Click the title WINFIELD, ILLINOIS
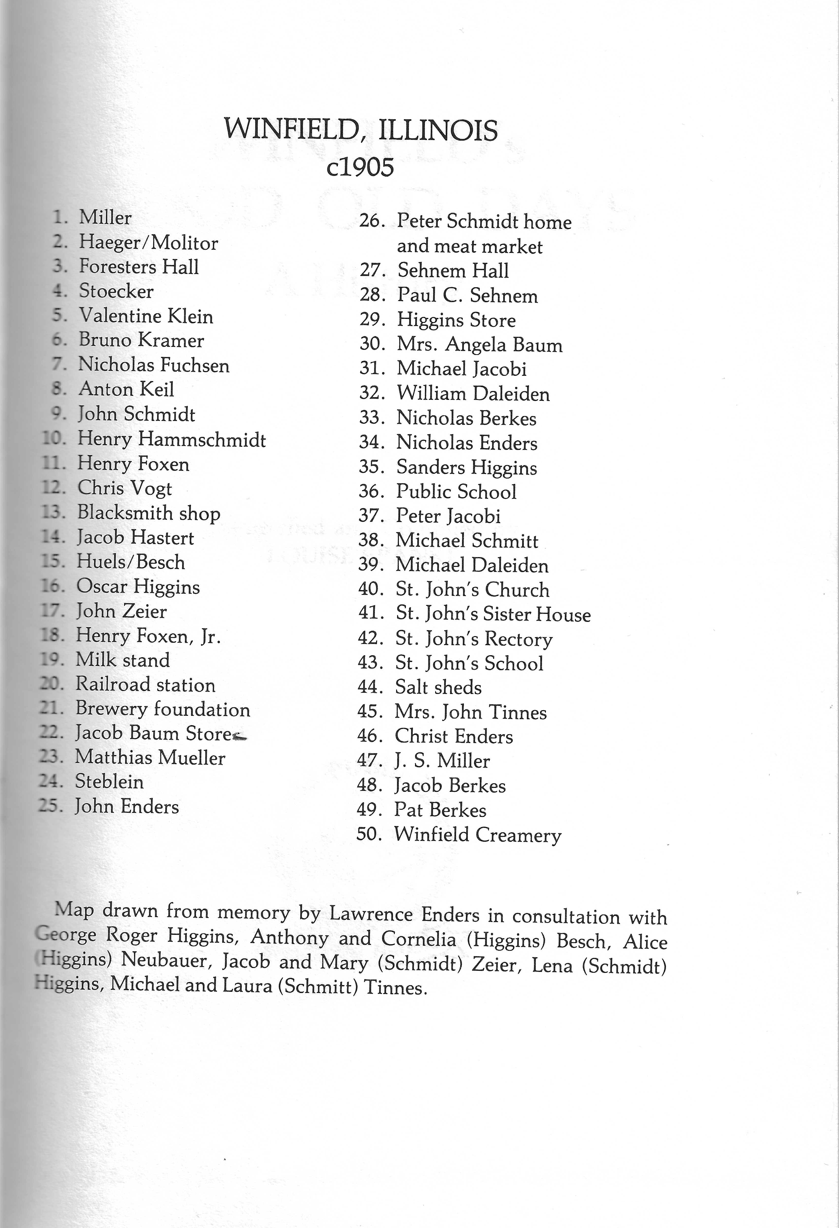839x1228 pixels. point(361,130)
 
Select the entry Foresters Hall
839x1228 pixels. point(138,267)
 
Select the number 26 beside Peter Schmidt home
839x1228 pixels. point(371,221)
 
